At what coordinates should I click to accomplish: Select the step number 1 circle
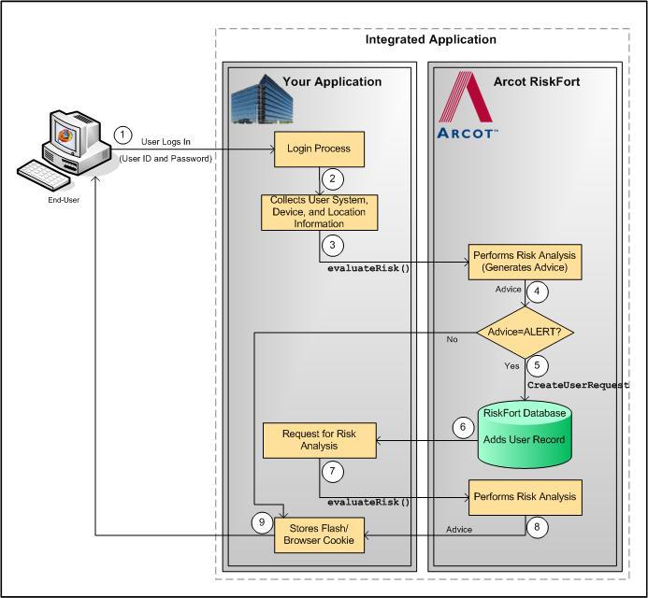[122, 135]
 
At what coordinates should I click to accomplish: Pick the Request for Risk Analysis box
[319, 439]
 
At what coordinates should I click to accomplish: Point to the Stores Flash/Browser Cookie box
[319, 535]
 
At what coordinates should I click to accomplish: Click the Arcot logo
[468, 105]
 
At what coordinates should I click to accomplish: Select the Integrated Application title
[430, 40]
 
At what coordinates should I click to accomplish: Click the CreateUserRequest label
[578, 384]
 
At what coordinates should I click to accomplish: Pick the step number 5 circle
[535, 364]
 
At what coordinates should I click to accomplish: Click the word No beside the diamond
[452, 340]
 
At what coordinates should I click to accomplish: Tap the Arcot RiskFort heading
[536, 82]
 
